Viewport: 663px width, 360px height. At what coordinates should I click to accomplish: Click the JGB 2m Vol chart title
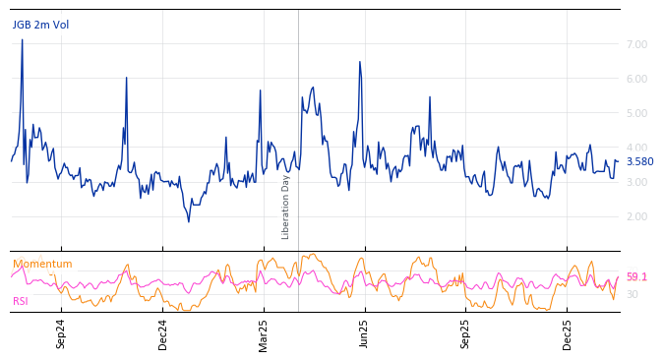[x=40, y=26]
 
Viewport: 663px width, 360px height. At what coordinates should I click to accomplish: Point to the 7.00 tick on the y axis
[x=636, y=44]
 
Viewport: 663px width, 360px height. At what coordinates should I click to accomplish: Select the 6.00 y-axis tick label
[x=636, y=79]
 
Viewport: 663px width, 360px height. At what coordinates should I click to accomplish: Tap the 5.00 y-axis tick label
[x=636, y=113]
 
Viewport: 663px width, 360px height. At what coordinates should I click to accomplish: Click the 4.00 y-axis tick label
[x=636, y=148]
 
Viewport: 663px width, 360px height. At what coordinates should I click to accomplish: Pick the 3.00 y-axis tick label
[x=636, y=182]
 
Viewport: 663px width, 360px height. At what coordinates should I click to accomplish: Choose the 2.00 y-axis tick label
[x=636, y=216]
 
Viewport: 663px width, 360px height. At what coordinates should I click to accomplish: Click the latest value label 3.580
[x=639, y=162]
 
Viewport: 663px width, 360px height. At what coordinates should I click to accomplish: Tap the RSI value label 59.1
[x=636, y=277]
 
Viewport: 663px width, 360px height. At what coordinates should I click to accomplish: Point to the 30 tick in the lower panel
[x=633, y=294]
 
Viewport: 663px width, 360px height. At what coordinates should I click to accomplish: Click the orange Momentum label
[x=42, y=265]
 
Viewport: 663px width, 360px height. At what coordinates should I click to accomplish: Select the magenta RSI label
[x=21, y=301]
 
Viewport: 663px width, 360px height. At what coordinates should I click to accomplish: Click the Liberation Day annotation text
[x=286, y=207]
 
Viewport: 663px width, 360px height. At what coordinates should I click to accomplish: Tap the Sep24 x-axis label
[x=61, y=333]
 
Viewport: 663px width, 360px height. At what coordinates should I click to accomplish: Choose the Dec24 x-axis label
[x=163, y=333]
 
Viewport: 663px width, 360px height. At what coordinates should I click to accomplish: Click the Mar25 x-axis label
[x=264, y=333]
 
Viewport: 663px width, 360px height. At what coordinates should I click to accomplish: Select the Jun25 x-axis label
[x=365, y=333]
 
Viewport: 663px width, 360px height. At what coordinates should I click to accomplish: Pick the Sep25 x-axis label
[x=466, y=333]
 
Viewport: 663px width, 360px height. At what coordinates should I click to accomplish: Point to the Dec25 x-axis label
[x=568, y=333]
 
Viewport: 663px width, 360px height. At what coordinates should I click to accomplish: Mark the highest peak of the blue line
[x=22, y=40]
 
